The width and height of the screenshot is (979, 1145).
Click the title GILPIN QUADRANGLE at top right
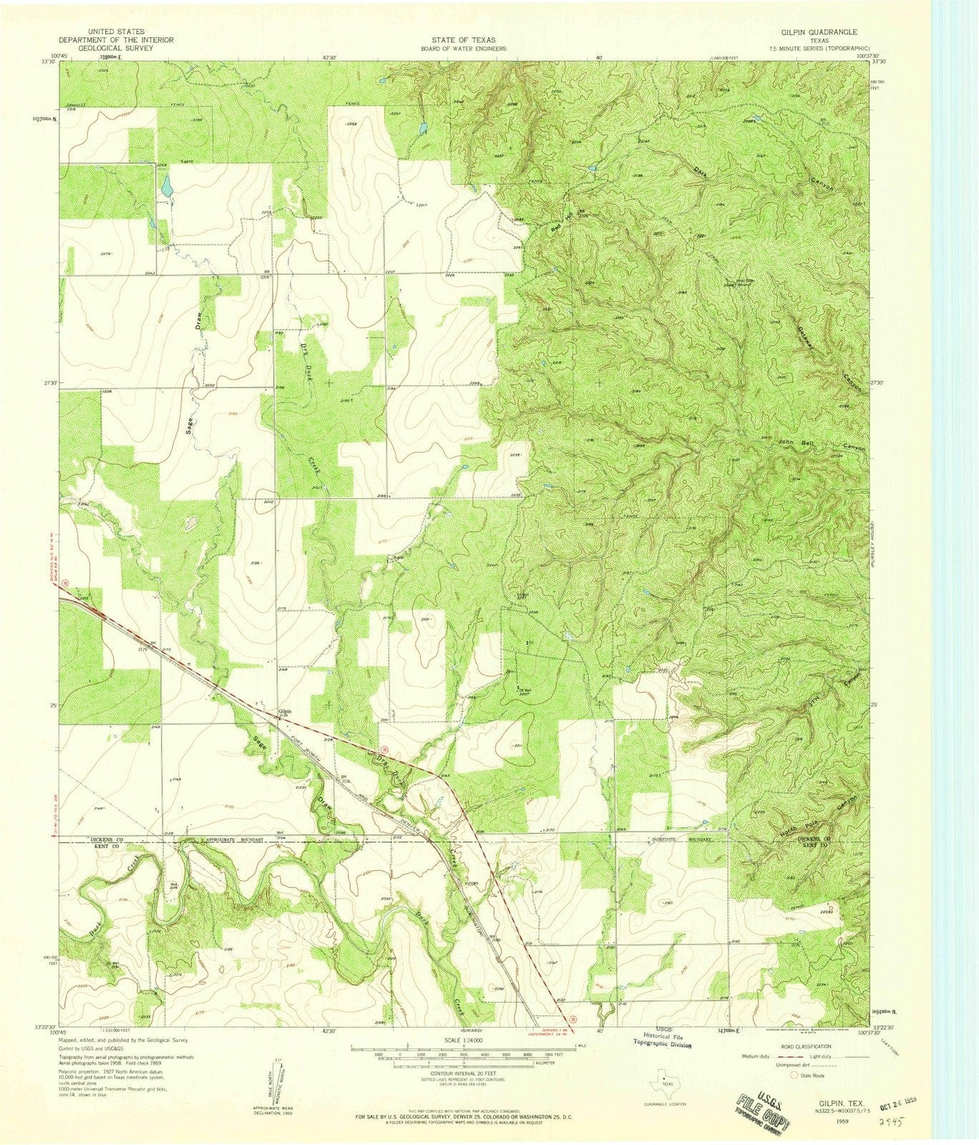tap(817, 33)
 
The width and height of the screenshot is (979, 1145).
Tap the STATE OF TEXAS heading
tap(459, 41)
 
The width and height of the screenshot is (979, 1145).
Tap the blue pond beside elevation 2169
tap(166, 187)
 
